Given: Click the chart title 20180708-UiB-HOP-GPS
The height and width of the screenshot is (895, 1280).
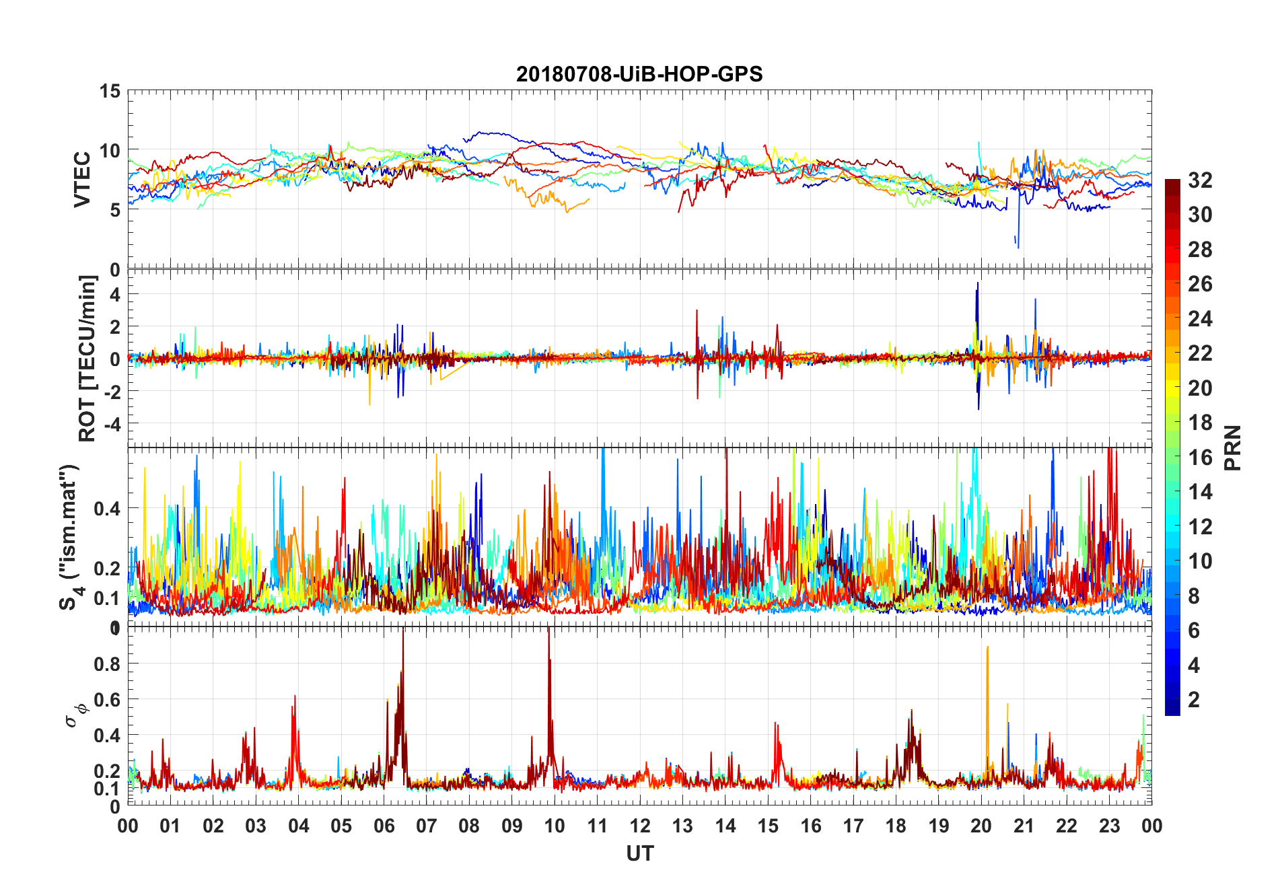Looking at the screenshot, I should coord(639,74).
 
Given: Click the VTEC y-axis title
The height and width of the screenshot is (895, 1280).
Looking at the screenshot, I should coord(82,180).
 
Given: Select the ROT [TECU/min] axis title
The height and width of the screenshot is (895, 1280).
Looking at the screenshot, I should coord(87,358).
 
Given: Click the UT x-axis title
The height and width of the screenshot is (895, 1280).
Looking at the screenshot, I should coord(639,853).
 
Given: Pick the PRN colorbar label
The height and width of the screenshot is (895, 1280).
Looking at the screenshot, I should coord(1233,448).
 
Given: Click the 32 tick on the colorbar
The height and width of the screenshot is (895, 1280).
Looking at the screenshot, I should coord(1200,180).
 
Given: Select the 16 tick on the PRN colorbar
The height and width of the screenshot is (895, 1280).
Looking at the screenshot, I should coord(1200,458).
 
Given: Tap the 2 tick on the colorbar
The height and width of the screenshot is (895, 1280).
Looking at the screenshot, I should coord(1194,700).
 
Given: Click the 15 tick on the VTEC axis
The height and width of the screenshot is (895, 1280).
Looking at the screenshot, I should coord(110,91).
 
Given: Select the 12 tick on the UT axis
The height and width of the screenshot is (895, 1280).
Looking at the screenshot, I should coord(639,826).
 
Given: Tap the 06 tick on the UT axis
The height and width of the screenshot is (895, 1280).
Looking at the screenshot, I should coord(384,826).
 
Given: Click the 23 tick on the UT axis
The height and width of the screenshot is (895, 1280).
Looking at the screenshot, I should coord(1109,826).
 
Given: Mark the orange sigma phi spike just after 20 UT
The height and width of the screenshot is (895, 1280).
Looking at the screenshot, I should coord(987,649).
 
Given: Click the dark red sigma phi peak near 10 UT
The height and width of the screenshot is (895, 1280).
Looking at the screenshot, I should coord(548,633).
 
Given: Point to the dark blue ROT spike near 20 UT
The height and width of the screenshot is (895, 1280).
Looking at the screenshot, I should coord(978,286).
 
